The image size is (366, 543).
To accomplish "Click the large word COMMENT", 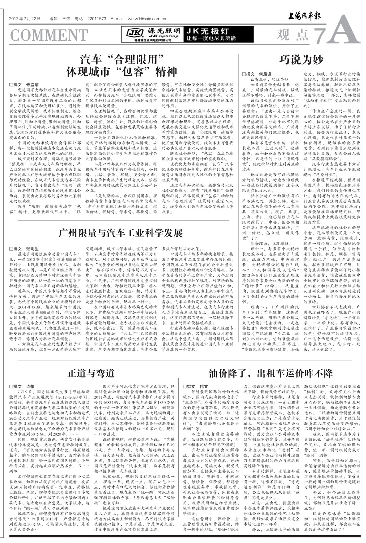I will click(x=49, y=35).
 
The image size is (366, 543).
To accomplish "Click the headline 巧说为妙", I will click(x=301, y=60).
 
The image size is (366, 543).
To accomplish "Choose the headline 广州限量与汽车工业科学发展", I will click(x=120, y=233).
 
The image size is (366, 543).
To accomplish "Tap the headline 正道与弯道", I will click(x=91, y=373).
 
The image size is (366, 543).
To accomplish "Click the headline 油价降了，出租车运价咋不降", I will click(x=271, y=373).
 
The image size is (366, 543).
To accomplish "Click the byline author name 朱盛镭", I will click(x=33, y=85).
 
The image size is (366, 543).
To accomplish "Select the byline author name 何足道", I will click(x=265, y=74).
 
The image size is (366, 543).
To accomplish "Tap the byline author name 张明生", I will click(x=33, y=249).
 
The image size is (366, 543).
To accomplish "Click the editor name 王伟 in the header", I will click(x=66, y=19).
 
